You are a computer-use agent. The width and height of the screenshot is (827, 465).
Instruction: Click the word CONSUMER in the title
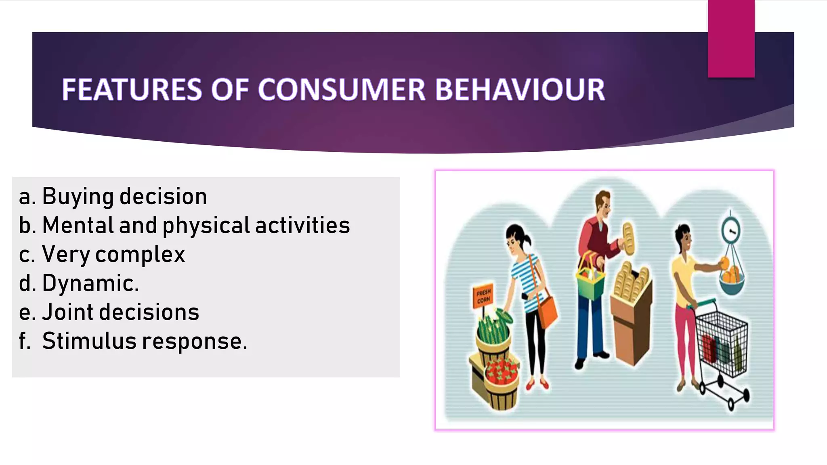click(342, 90)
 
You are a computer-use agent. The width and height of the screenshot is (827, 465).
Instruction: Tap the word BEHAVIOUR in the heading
click(520, 90)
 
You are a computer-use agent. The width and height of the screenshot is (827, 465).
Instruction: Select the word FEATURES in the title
click(132, 90)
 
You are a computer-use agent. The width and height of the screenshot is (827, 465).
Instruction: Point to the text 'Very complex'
click(113, 255)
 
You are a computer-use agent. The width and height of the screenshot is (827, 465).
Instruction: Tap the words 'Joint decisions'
click(120, 312)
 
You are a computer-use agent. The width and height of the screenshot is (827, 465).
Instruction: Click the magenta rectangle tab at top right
click(731, 38)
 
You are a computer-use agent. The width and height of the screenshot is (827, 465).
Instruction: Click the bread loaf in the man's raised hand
click(628, 238)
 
